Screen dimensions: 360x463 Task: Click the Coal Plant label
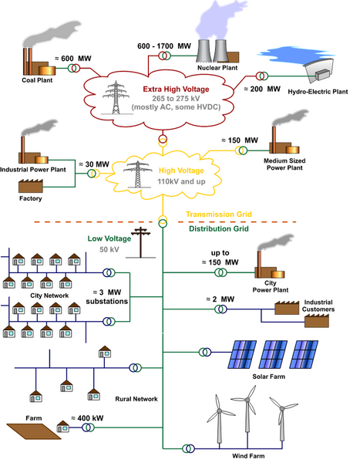coord(37,80)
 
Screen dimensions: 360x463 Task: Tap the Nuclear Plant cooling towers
coord(212,51)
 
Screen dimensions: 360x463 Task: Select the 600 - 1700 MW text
coord(164,46)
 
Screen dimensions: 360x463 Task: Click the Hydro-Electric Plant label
coord(318,92)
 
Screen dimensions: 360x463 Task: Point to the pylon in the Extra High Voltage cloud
coord(116,97)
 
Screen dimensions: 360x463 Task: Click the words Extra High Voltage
coord(176,90)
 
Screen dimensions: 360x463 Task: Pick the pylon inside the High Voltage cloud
coord(137,174)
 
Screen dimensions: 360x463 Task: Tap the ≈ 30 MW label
coord(94,164)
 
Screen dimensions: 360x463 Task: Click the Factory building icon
coord(31,186)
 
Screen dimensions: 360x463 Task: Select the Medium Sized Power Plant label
coord(284,164)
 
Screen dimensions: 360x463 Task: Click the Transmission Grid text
coord(219,215)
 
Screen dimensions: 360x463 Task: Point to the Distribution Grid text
coord(219,229)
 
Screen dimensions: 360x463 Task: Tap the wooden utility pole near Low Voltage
coord(141,242)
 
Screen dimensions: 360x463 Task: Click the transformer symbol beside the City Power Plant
coord(220,272)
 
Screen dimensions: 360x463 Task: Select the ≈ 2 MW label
coord(220,299)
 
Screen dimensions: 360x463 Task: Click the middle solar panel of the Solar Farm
coord(273,354)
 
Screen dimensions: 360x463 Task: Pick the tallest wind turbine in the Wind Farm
coord(247,414)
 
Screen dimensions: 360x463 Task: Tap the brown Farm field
coord(34,431)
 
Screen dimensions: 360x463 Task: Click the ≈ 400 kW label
coord(87,418)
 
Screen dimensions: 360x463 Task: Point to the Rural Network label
coord(136,399)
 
